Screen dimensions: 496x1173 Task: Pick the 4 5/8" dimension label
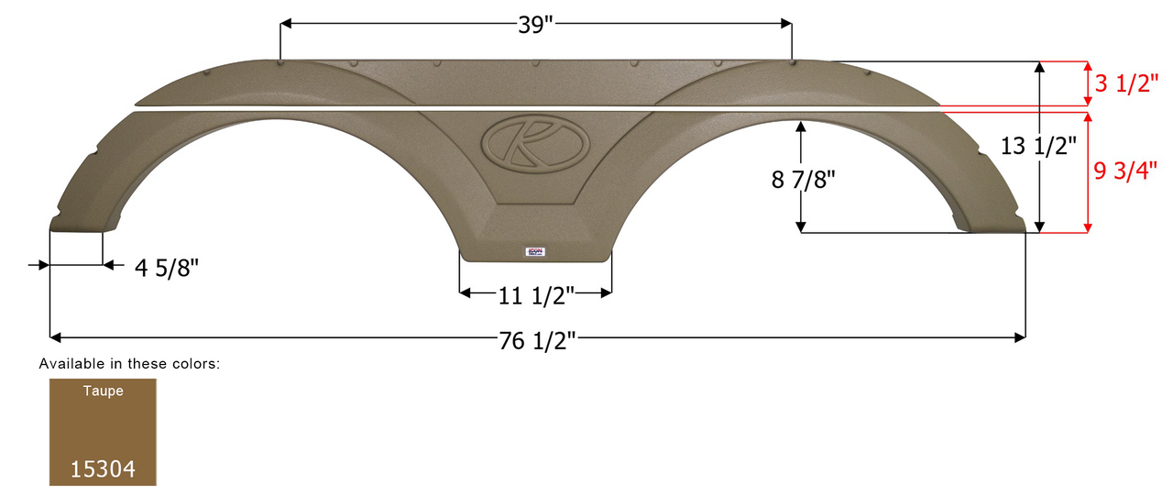tap(166, 268)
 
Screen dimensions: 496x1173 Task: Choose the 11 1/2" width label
tap(536, 295)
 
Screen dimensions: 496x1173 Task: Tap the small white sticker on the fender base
tap(536, 251)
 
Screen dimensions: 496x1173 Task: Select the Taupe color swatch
tap(104, 432)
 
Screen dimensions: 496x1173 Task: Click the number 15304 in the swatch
tap(104, 469)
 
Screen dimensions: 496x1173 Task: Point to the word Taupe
tap(103, 391)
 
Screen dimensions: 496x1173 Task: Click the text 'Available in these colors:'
tap(129, 364)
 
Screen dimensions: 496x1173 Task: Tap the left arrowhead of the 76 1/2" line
tap(54, 337)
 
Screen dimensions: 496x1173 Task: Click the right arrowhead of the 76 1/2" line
tap(1019, 337)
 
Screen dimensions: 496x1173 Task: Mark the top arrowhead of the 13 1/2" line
tap(1039, 67)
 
